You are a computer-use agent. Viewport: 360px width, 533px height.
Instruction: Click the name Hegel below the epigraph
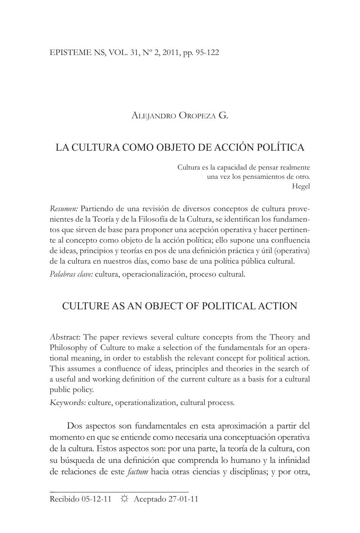click(x=301, y=186)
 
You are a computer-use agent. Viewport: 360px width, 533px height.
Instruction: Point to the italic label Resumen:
click(x=64, y=209)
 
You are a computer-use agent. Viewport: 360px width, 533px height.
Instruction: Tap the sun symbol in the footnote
click(x=124, y=499)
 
